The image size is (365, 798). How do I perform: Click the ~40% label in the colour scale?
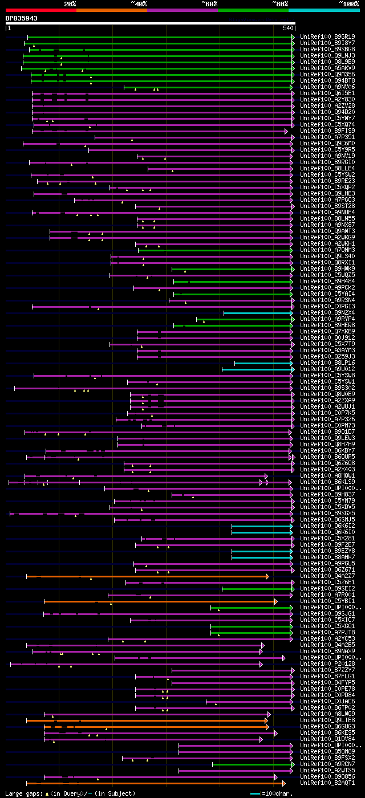pyautogui.click(x=139, y=4)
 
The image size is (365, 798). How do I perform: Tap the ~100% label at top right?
pyautogui.click(x=349, y=4)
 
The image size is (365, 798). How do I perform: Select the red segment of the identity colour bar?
pyautogui.click(x=40, y=10)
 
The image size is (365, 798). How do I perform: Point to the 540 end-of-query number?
pyautogui.click(x=288, y=28)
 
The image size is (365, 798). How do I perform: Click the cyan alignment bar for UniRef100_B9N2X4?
pyautogui.click(x=258, y=313)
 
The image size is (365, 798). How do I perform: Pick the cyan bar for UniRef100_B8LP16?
pyautogui.click(x=263, y=363)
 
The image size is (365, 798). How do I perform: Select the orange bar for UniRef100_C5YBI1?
pyautogui.click(x=160, y=601)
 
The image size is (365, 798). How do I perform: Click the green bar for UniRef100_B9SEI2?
pyautogui.click(x=258, y=589)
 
